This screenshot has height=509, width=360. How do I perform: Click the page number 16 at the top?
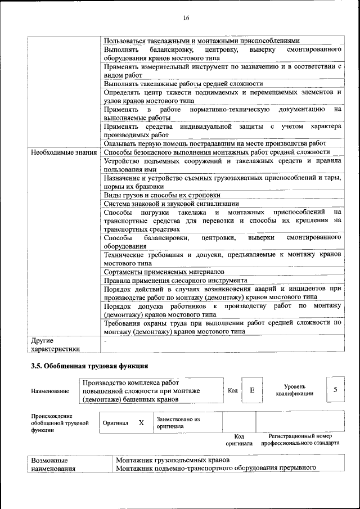[186, 18]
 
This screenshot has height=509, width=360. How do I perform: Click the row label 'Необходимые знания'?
[64, 152]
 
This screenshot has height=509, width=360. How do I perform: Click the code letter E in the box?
[252, 390]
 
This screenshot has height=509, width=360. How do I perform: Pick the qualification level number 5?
[335, 390]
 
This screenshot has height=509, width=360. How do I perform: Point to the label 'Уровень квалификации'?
[294, 390]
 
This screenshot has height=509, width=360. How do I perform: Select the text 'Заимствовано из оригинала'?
[178, 422]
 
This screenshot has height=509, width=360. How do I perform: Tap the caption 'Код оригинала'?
[238, 439]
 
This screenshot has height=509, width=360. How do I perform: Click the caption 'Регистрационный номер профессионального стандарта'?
[300, 439]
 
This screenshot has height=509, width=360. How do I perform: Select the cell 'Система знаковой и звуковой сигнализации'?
[172, 204]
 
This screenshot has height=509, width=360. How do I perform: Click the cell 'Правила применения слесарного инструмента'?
[175, 280]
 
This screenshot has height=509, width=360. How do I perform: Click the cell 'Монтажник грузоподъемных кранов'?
[170, 460]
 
